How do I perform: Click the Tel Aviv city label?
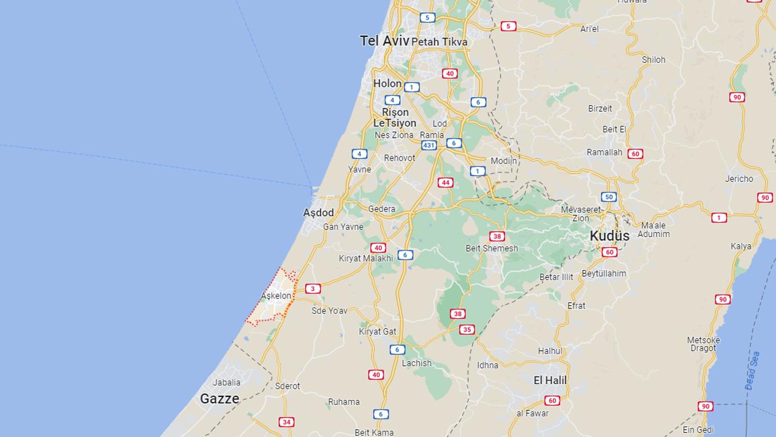[x=384, y=41]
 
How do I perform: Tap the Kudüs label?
[x=609, y=235]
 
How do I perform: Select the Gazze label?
[x=219, y=399]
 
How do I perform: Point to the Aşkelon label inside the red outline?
[x=276, y=296]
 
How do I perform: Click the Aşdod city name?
[x=318, y=213]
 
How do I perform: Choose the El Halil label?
[x=550, y=381]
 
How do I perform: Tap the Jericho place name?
[x=739, y=178]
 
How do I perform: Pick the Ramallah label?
[x=604, y=152]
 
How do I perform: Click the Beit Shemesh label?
[x=492, y=248]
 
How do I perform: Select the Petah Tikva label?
[x=439, y=42]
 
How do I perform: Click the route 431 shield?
[x=429, y=146]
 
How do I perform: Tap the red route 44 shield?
[x=446, y=183]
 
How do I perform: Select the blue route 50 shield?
[x=609, y=197]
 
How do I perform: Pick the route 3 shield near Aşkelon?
[x=313, y=289]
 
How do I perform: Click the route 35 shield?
[x=466, y=330]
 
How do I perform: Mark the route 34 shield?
[x=287, y=422]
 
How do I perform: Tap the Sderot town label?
[x=287, y=386]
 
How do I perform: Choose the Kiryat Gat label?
[x=377, y=331]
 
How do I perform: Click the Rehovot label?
[x=400, y=158]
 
